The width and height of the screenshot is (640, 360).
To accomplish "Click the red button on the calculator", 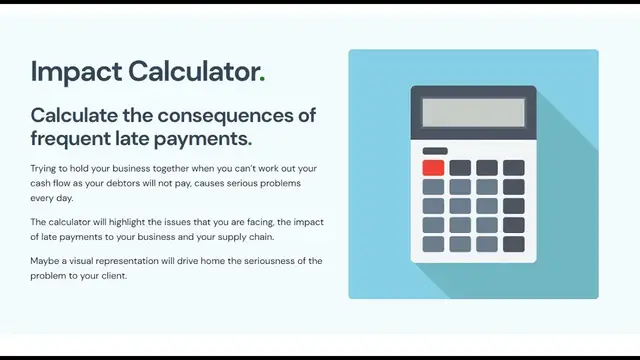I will [x=433, y=168].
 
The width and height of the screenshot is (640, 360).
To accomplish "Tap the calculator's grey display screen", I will [x=473, y=112].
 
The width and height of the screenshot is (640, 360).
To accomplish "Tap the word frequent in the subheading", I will [x=71, y=137].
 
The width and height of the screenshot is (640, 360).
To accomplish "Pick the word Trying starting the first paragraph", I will [x=45, y=169].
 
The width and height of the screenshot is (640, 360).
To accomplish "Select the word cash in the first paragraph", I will [x=41, y=184].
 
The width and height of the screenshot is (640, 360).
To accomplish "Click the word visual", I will [x=86, y=261].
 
